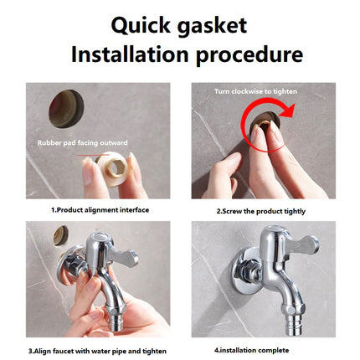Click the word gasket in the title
click(x=212, y=27)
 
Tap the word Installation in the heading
click(x=130, y=54)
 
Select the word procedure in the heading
click(x=249, y=55)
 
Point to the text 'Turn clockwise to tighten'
click(x=255, y=91)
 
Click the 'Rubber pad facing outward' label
click(x=83, y=143)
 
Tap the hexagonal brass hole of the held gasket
click(x=116, y=167)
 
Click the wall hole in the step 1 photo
click(x=66, y=109)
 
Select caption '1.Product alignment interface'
click(x=100, y=210)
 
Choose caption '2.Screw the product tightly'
click(x=261, y=211)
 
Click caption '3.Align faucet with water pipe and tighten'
click(x=97, y=351)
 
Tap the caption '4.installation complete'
click(x=251, y=350)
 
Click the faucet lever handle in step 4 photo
click(x=303, y=245)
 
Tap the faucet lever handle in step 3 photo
click(x=124, y=255)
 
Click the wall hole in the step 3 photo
click(x=61, y=236)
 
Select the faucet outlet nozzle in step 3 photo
click(x=114, y=321)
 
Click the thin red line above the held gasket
click(x=92, y=155)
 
